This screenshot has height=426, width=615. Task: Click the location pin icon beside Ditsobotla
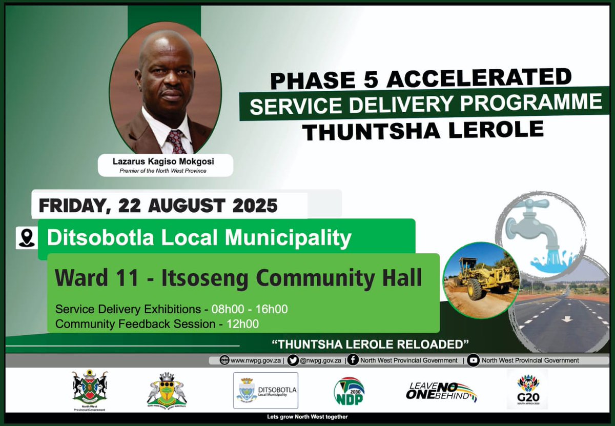[x=26, y=238]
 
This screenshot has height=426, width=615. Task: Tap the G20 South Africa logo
[x=527, y=390]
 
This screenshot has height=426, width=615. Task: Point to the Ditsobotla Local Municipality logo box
[x=265, y=390]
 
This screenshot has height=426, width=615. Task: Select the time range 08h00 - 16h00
[x=257, y=309]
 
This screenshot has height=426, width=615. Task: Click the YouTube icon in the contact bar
[x=474, y=360]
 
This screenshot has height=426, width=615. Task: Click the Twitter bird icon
[x=293, y=360]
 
